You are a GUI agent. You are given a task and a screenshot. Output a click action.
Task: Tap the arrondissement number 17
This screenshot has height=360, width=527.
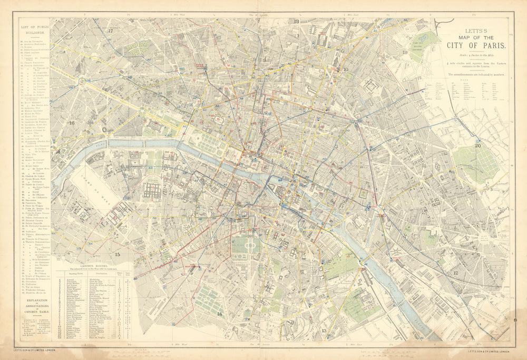pos(111,31)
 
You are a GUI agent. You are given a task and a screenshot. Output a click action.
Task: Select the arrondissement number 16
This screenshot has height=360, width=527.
pos(72,123)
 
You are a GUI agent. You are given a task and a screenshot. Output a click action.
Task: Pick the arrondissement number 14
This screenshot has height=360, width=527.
pos(219,314)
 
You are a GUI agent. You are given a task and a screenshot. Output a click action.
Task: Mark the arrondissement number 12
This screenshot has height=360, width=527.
pos(455,273)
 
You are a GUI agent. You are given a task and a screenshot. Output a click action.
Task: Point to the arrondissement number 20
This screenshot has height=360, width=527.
pos(477,145)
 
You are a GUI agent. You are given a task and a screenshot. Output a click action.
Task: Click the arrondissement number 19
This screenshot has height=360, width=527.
pos(405,53)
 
